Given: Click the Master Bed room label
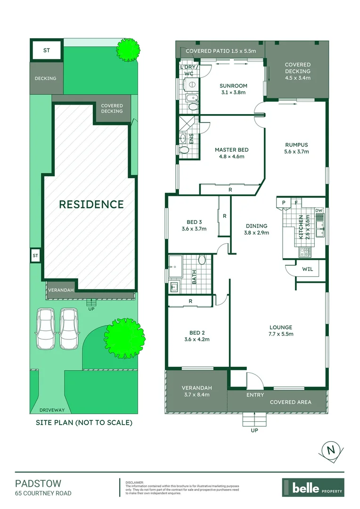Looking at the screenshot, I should [x=231, y=153].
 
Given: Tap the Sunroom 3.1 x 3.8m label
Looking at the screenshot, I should [x=233, y=89].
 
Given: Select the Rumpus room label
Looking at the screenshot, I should [x=296, y=148].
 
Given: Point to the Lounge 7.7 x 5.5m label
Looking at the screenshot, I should [x=281, y=330].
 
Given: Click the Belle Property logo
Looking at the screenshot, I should [x=313, y=488].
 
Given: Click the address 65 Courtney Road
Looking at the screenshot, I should [x=43, y=493].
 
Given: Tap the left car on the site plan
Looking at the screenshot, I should [x=46, y=328].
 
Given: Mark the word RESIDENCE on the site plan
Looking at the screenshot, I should [x=91, y=204].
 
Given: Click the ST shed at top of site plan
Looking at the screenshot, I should [x=46, y=50].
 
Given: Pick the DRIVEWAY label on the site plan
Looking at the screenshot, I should [x=52, y=410].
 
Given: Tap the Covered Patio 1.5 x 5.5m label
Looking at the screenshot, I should [x=221, y=51].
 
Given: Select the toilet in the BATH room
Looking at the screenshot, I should [x=202, y=260].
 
